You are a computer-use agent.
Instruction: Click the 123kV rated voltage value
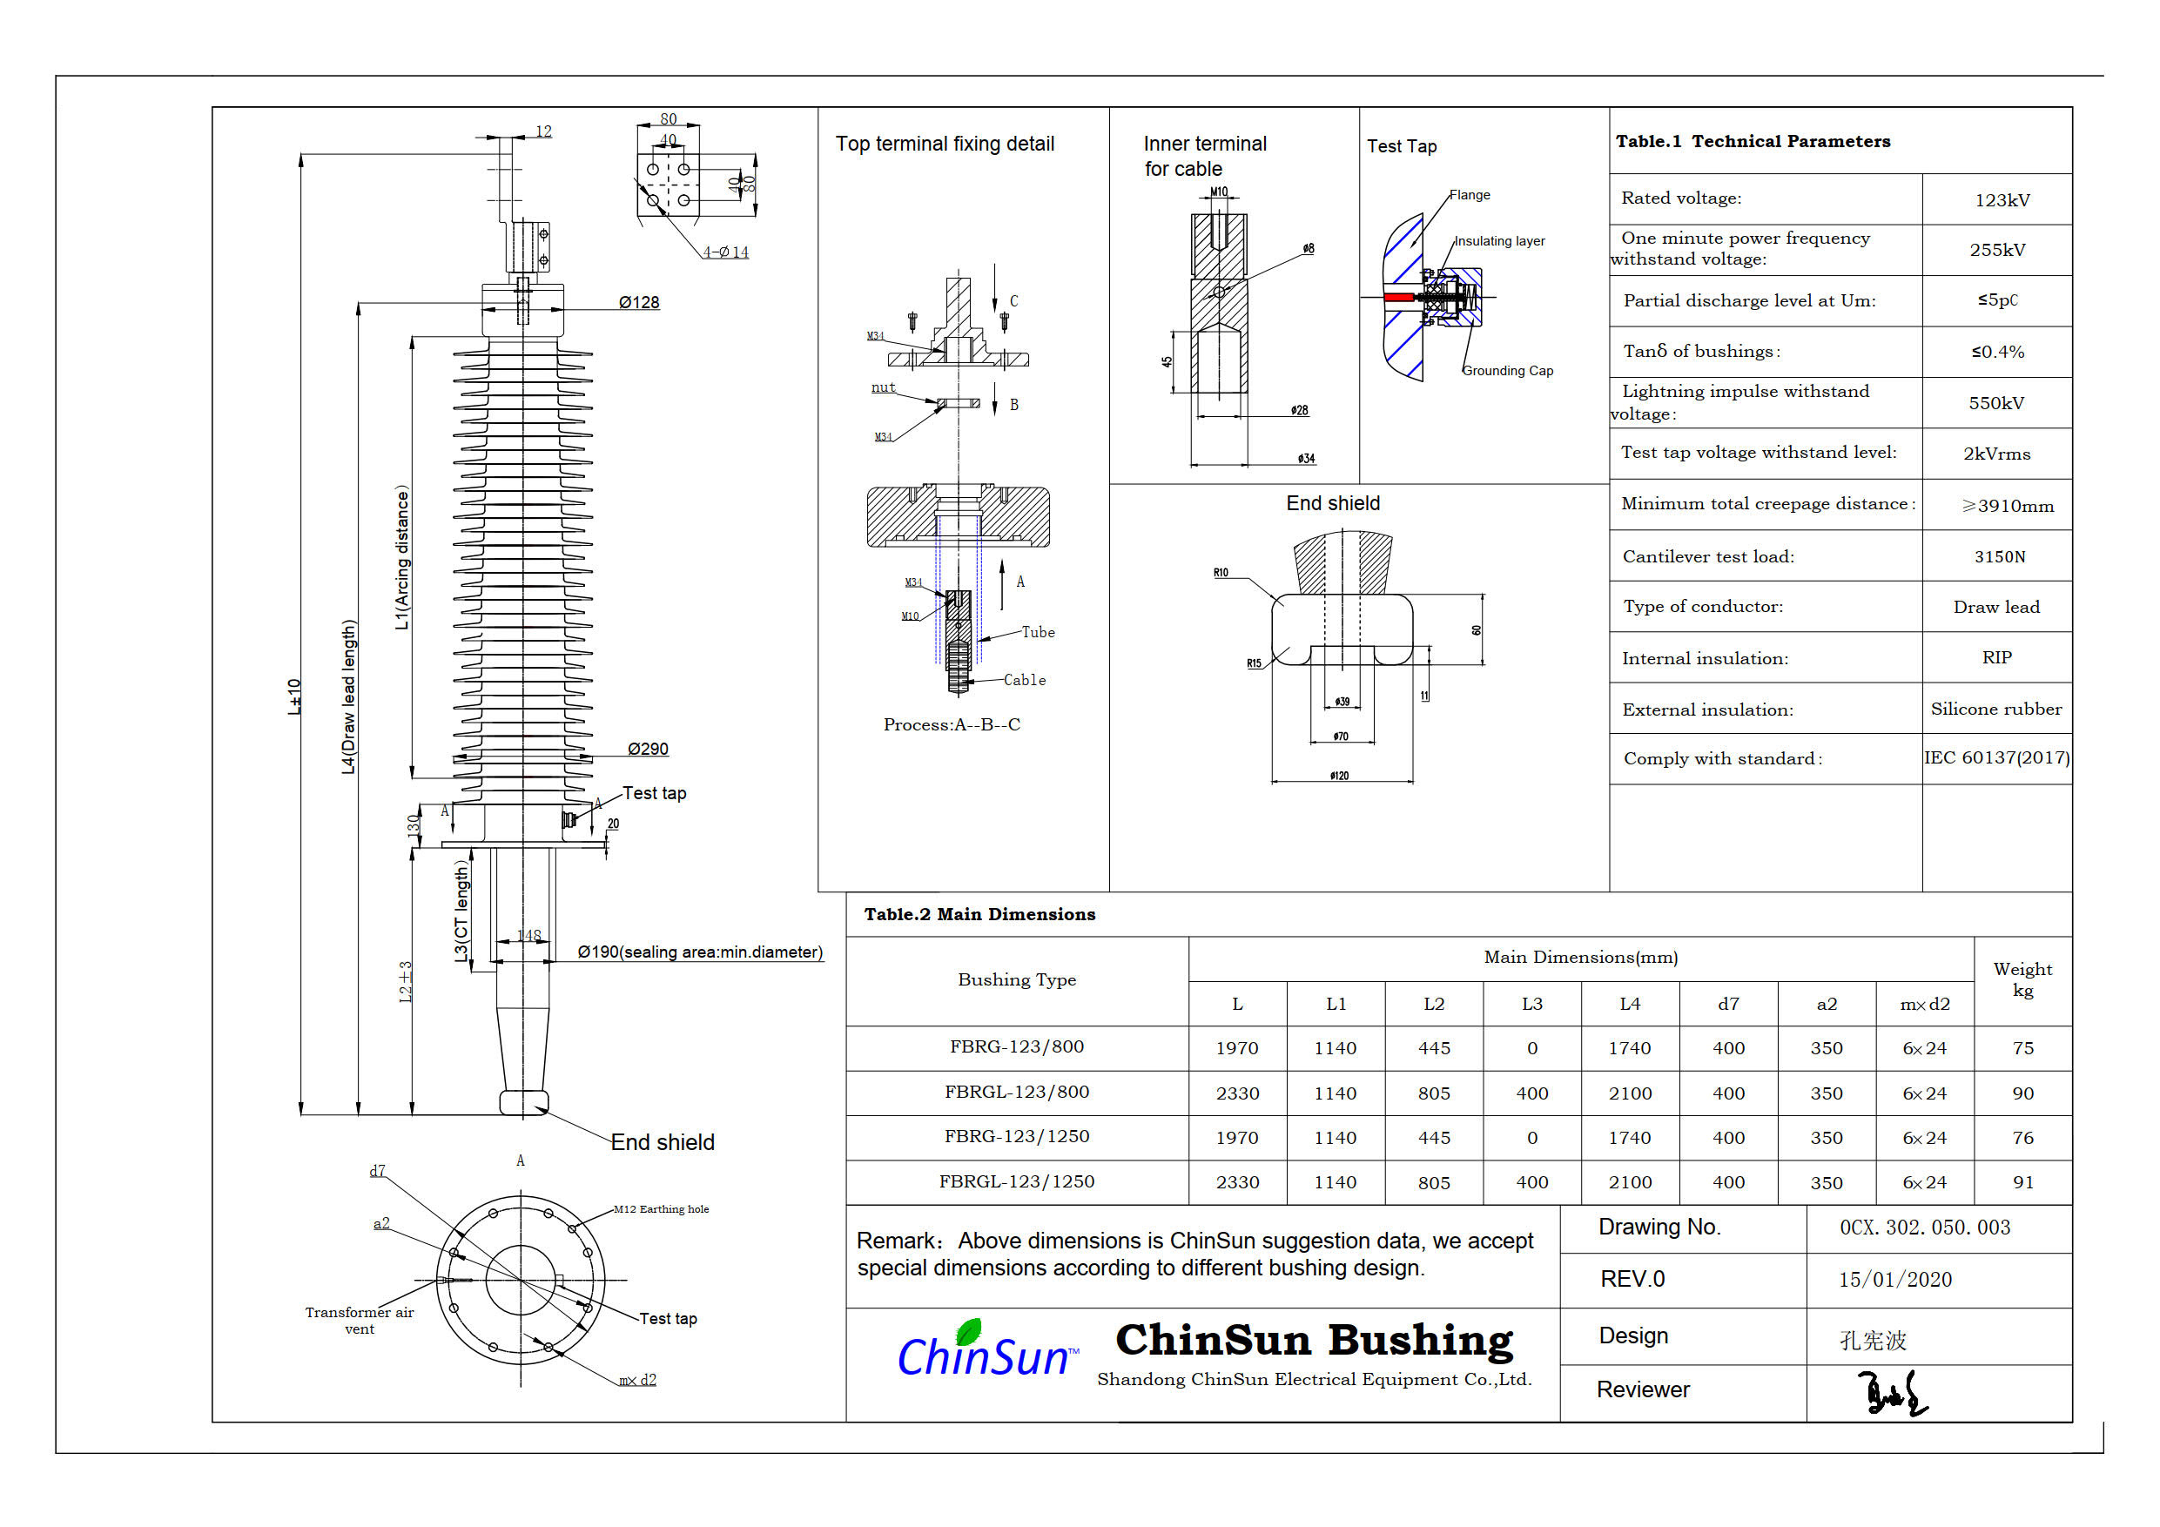(2002, 200)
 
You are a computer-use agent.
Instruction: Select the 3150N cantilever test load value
(1999, 557)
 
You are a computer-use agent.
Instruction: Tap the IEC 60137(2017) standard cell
(1996, 757)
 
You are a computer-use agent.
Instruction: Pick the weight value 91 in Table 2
(2022, 1182)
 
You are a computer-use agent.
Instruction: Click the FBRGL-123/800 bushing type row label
(1017, 1093)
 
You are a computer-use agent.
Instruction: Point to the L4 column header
(1630, 1004)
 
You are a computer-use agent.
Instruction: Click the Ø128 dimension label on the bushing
(639, 302)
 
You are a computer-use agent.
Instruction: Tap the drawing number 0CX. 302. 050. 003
(1925, 1228)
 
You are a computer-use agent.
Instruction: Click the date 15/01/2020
(1894, 1280)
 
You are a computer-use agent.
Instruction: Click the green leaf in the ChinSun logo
(968, 1331)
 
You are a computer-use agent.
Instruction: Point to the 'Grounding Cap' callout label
(1507, 371)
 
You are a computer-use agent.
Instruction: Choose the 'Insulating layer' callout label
(1499, 241)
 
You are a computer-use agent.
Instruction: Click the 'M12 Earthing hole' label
(662, 1209)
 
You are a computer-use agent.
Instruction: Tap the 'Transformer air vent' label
(360, 1320)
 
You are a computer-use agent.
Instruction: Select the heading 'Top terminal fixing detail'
(945, 144)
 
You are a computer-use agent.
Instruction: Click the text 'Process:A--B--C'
(951, 724)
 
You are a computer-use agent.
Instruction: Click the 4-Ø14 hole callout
(725, 252)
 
